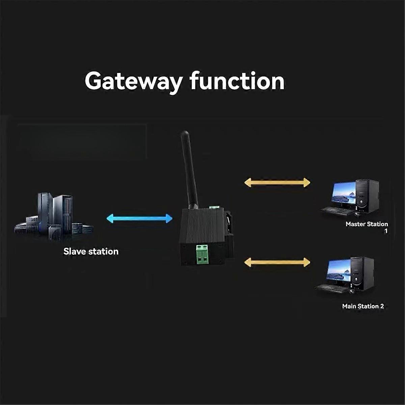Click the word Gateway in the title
tap(134, 82)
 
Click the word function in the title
tap(237, 81)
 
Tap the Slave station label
tap(91, 251)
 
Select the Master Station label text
tap(367, 224)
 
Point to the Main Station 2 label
tap(363, 306)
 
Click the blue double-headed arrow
tap(139, 218)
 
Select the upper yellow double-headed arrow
tap(277, 183)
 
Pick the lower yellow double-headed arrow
tap(277, 262)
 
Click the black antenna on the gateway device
tap(189, 169)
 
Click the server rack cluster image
tap(54, 216)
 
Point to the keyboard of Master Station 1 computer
tap(336, 211)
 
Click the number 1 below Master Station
tap(386, 231)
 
